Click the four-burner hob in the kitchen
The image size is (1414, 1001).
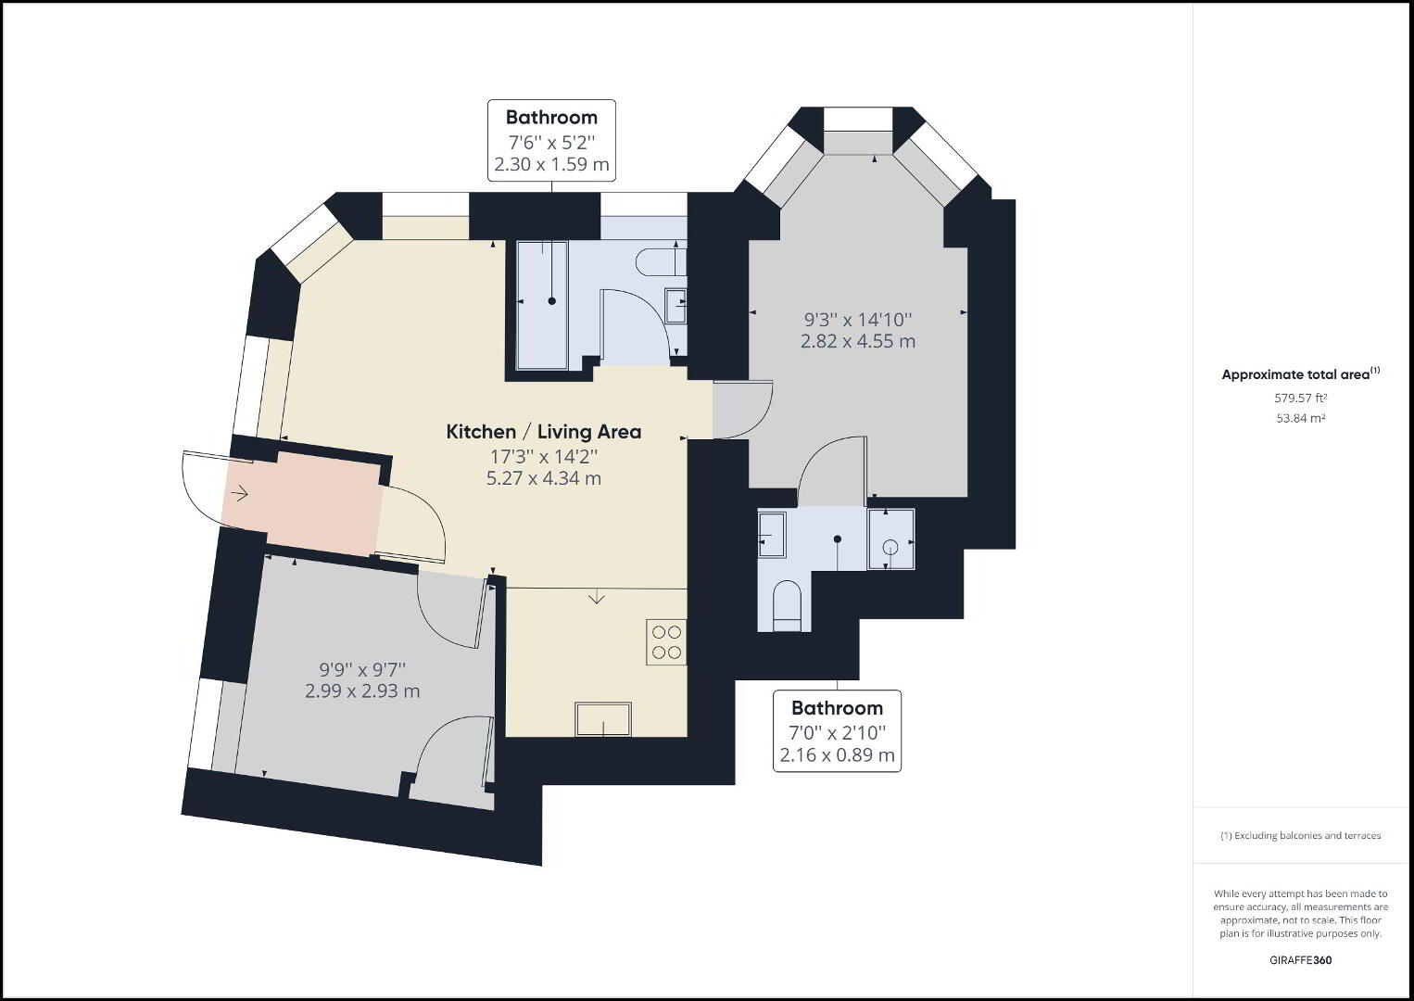(666, 641)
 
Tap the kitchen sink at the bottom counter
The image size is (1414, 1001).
(603, 718)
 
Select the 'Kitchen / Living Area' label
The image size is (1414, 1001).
(544, 432)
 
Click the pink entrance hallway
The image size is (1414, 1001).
(303, 504)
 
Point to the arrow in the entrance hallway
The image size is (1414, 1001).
(240, 494)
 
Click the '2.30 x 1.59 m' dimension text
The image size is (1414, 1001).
(551, 164)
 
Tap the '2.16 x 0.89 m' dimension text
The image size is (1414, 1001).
(837, 755)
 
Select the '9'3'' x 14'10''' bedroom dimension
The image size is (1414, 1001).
(858, 320)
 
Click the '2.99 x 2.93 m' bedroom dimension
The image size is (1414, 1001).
(362, 691)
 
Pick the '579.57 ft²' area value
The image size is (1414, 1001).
(1300, 398)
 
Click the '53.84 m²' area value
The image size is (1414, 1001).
(1300, 418)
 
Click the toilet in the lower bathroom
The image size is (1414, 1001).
(788, 605)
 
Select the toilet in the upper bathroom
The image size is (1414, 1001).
(661, 262)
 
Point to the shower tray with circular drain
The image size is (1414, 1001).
(890, 539)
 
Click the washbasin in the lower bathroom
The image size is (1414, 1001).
(771, 535)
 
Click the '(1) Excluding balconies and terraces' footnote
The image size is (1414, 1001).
(1300, 835)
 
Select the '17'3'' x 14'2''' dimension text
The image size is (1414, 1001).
(544, 456)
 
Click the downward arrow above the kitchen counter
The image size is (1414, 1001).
(597, 597)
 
